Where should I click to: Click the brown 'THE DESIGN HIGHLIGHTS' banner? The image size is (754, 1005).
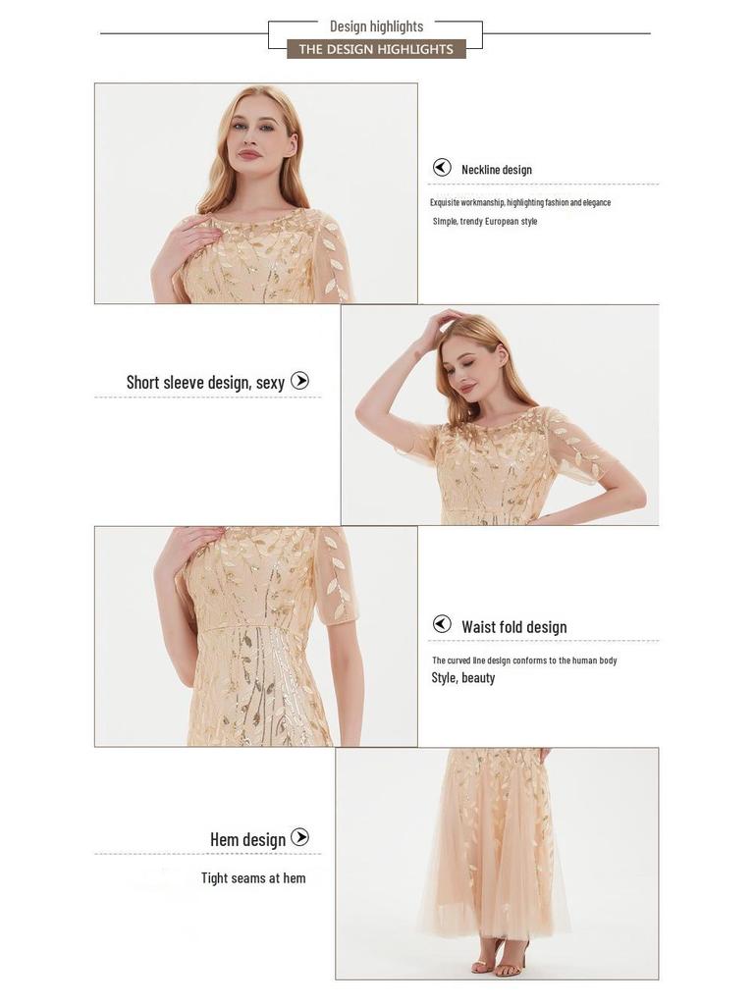376,49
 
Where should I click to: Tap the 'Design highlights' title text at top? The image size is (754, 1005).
376,26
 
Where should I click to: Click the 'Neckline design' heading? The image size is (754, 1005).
496,170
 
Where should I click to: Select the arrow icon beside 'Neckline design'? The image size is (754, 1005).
443,168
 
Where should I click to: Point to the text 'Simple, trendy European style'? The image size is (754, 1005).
485,222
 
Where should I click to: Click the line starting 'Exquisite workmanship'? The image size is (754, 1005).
520,202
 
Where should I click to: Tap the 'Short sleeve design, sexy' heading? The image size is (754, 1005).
205,382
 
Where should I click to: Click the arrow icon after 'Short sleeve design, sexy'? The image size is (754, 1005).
300,381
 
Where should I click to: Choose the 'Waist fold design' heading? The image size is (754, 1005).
513,627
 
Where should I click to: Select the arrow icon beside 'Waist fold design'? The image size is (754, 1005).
443,624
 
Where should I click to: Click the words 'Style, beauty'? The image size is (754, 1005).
463,678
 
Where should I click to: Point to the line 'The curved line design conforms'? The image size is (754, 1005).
524,661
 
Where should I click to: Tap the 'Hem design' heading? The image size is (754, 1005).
247,839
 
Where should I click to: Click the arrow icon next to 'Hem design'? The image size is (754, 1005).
300,837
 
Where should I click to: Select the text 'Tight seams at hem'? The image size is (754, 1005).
253,878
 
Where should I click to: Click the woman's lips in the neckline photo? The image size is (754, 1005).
249,154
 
